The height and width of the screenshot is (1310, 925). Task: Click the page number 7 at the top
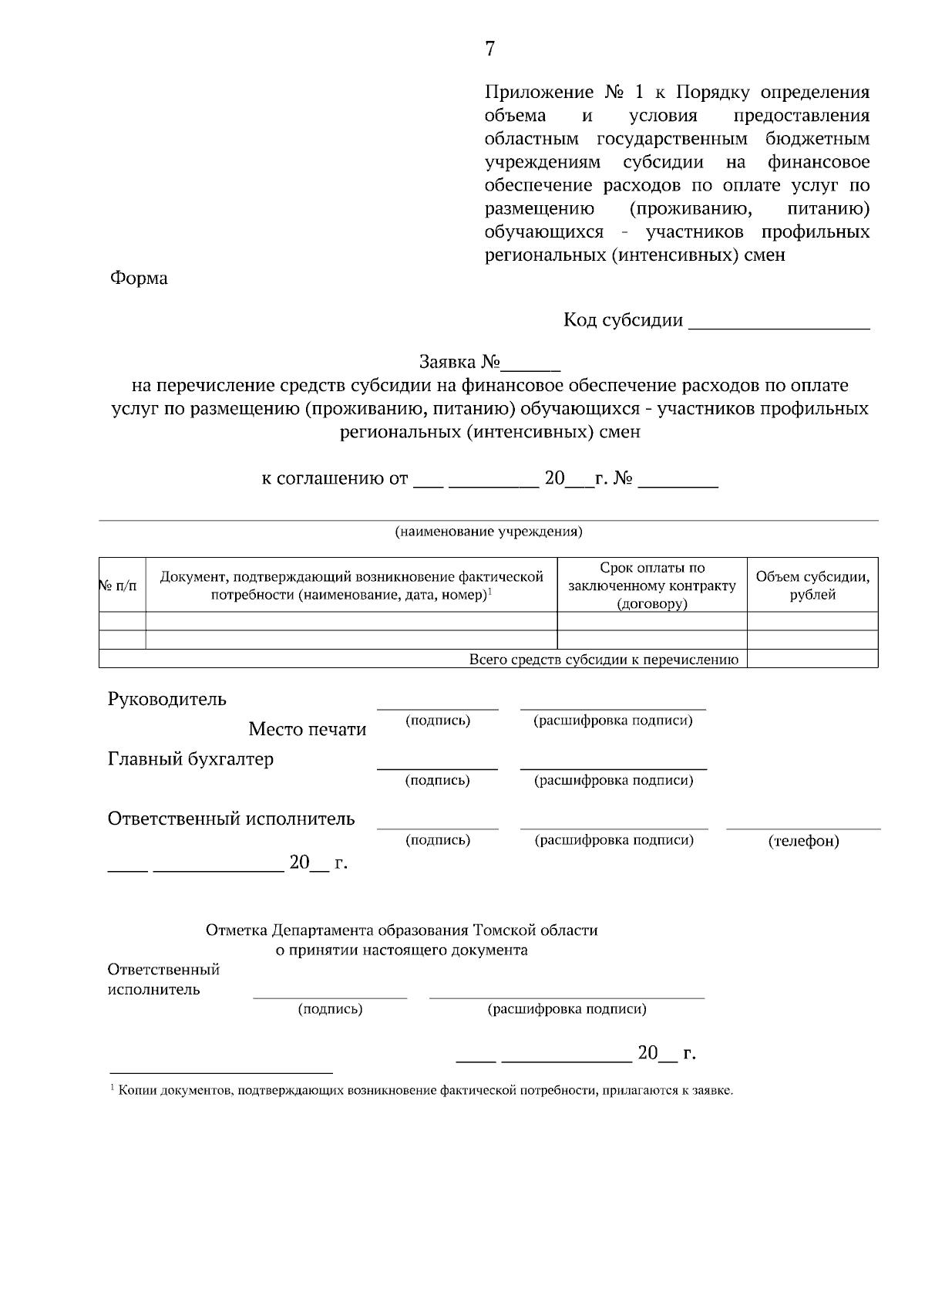click(x=490, y=49)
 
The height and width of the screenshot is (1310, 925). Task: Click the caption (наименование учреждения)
click(x=489, y=532)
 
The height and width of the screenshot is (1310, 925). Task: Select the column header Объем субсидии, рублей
click(x=812, y=585)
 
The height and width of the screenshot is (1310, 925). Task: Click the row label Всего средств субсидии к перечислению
click(x=604, y=660)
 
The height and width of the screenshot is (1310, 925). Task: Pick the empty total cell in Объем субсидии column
click(x=812, y=659)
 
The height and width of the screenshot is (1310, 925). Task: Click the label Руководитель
click(x=167, y=700)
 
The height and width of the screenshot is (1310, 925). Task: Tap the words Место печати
click(x=307, y=730)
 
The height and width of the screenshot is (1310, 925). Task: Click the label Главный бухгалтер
click(x=190, y=759)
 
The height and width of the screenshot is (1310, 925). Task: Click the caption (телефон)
click(x=803, y=841)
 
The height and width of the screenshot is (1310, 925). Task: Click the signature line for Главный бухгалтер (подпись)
click(x=437, y=767)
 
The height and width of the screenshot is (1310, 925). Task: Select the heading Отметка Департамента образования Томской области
click(x=402, y=930)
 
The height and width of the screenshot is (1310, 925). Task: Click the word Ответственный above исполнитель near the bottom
click(x=163, y=970)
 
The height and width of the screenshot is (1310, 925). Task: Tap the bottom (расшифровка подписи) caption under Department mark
click(x=567, y=1009)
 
